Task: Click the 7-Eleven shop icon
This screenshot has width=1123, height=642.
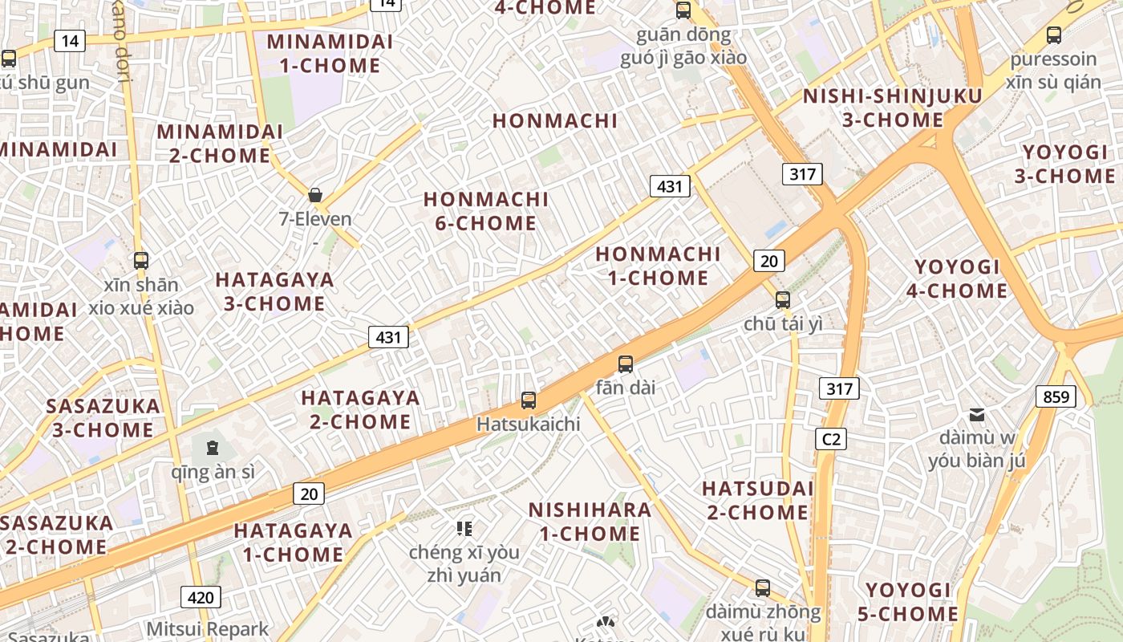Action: pos(315,195)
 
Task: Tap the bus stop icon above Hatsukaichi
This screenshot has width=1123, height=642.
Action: pos(529,400)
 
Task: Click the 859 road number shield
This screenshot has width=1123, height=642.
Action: pos(1056,396)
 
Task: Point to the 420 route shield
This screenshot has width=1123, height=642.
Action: pos(201,597)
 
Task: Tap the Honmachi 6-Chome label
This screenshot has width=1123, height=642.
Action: pos(486,211)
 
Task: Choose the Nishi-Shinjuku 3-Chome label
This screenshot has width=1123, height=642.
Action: pos(892,108)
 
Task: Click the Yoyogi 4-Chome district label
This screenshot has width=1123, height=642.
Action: pos(957,278)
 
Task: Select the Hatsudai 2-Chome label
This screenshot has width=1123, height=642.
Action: pos(758,500)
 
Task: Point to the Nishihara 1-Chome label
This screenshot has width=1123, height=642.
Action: pos(590,522)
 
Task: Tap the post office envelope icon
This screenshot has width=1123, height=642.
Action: pos(977,415)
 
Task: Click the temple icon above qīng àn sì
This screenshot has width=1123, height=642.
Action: pos(213,447)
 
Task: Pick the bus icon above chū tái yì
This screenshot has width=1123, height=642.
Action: pos(783,300)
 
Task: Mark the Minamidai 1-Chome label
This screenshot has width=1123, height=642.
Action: pos(330,54)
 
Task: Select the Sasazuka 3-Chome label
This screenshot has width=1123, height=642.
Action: pos(103,417)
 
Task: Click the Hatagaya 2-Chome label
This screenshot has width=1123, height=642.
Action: pos(360,409)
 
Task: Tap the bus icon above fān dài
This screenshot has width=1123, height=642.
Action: pos(626,364)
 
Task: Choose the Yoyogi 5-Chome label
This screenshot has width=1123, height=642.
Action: pos(908,603)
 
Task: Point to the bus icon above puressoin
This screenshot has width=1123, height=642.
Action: pos(1054,35)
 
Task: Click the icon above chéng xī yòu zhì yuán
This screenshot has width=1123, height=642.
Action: pos(464,528)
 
